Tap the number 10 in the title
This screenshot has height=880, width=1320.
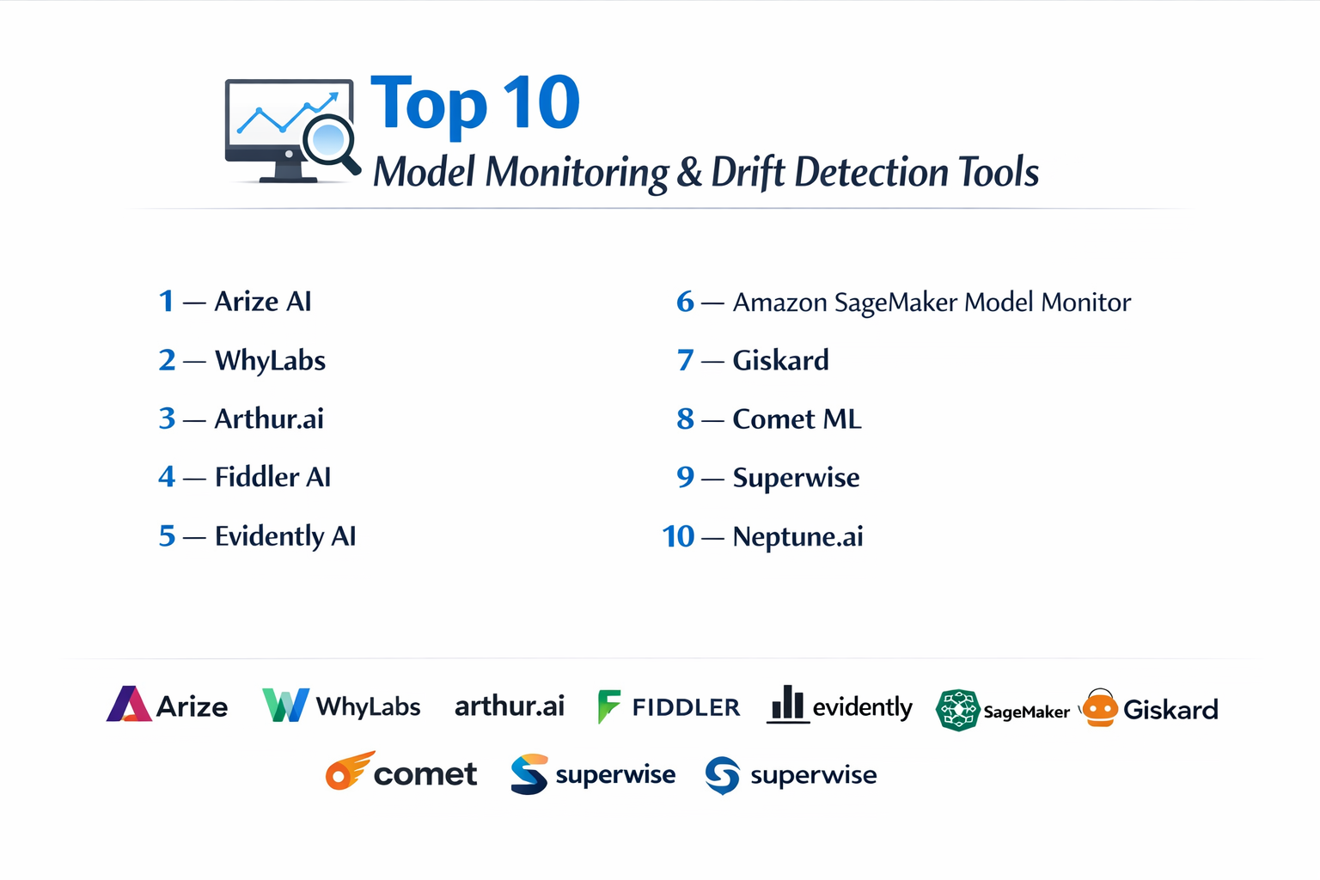[x=541, y=102]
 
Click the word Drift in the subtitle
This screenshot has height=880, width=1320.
[x=748, y=172]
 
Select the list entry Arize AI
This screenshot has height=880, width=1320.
[x=263, y=301]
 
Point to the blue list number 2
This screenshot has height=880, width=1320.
[x=167, y=360]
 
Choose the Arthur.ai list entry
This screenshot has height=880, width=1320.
[x=269, y=419]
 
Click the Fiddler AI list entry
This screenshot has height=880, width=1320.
[x=272, y=477]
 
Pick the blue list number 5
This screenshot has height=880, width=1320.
[x=167, y=535]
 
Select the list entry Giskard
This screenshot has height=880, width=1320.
[x=781, y=360]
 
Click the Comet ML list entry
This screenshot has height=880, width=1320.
[x=797, y=419]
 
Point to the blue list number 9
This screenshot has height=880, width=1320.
[x=685, y=477]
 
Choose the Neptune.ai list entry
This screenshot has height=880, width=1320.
[x=797, y=536]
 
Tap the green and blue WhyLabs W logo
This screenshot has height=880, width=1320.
[x=285, y=705]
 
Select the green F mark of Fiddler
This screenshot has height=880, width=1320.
[x=608, y=706]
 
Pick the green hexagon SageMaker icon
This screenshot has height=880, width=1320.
[x=958, y=710]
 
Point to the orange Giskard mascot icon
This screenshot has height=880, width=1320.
[x=1100, y=708]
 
